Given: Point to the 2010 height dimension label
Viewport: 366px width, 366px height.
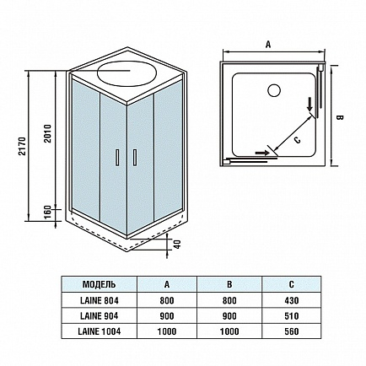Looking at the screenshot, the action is click(x=48, y=133).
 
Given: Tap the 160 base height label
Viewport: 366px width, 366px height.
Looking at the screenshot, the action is click(x=48, y=213).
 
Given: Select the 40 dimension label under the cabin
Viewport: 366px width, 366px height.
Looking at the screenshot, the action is click(x=177, y=244).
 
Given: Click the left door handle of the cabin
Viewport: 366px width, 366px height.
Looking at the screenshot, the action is click(x=117, y=157).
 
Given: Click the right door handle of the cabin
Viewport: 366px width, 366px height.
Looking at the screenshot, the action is click(x=135, y=157).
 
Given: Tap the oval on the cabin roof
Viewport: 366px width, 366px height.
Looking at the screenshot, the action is click(x=126, y=73).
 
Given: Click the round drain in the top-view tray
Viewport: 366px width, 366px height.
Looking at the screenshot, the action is click(x=273, y=90).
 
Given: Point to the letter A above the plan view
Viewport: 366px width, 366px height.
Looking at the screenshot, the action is click(x=268, y=45).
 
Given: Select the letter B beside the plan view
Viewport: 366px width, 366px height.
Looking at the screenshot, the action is click(x=340, y=117).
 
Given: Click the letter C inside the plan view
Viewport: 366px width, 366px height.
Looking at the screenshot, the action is click(x=298, y=139).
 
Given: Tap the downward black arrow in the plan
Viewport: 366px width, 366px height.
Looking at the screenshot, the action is click(x=310, y=104).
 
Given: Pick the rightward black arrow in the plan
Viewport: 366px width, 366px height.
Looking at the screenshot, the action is click(x=262, y=153).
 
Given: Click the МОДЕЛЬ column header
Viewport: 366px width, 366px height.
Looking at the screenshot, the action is click(x=99, y=284).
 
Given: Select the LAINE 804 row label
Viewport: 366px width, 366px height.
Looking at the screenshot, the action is click(x=100, y=300).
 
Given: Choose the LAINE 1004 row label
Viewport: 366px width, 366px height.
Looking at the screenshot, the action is click(x=100, y=331).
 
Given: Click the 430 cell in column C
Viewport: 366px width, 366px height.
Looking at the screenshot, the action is click(x=292, y=300).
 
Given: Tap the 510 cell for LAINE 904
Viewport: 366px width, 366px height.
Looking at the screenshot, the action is click(x=292, y=316).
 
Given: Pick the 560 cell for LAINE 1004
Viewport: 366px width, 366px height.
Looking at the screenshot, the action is click(x=292, y=331).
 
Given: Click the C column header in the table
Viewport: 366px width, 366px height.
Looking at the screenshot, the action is click(x=292, y=284).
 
